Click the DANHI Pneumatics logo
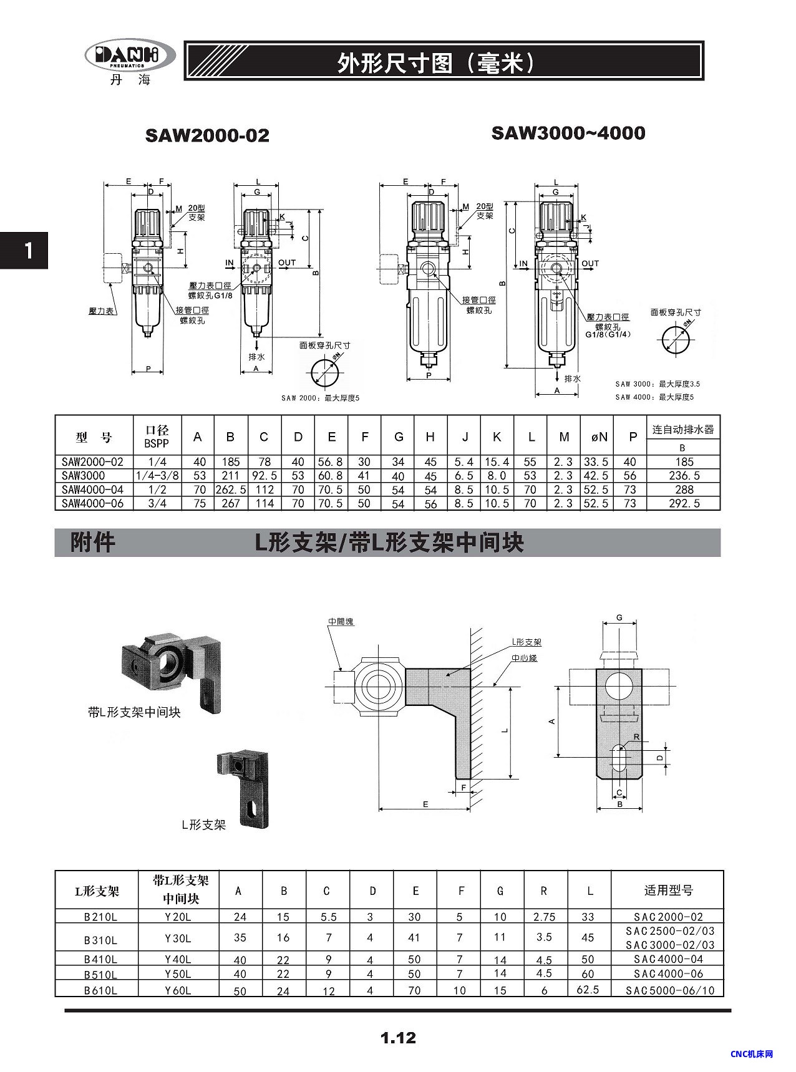pos(130,60)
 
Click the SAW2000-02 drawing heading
pos(207,135)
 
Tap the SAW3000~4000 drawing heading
pos(568,133)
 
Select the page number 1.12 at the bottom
pos(398,1038)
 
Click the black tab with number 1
pos(24,250)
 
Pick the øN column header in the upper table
pos(599,437)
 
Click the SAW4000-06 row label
pos(93,503)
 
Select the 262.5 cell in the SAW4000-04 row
pos(231,490)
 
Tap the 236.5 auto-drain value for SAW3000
pos(684,476)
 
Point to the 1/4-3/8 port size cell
pos(157,476)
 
